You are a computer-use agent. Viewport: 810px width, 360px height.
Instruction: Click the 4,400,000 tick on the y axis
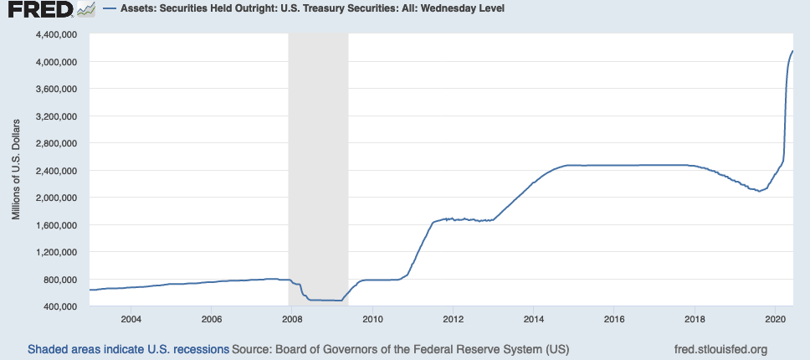tap(54, 34)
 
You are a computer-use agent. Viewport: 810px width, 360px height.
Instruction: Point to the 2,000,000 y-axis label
tap(54, 198)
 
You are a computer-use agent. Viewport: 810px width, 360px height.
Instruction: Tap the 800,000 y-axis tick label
tap(59, 279)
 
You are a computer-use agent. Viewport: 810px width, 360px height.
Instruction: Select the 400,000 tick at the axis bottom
tap(59, 306)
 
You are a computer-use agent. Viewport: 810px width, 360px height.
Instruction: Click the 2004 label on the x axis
tap(130, 319)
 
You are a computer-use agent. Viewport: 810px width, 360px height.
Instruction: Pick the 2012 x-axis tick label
tap(453, 319)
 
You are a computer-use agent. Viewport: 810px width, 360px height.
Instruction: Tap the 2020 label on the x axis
tap(775, 319)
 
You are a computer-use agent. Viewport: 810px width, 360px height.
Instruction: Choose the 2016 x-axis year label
tap(614, 319)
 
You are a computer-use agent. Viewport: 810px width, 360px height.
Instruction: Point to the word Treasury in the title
tap(326, 10)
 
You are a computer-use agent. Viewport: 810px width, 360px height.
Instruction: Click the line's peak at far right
tap(792, 52)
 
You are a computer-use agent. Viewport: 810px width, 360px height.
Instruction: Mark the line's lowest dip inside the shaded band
tap(339, 301)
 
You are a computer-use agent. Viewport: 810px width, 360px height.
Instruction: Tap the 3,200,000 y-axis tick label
tap(54, 116)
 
